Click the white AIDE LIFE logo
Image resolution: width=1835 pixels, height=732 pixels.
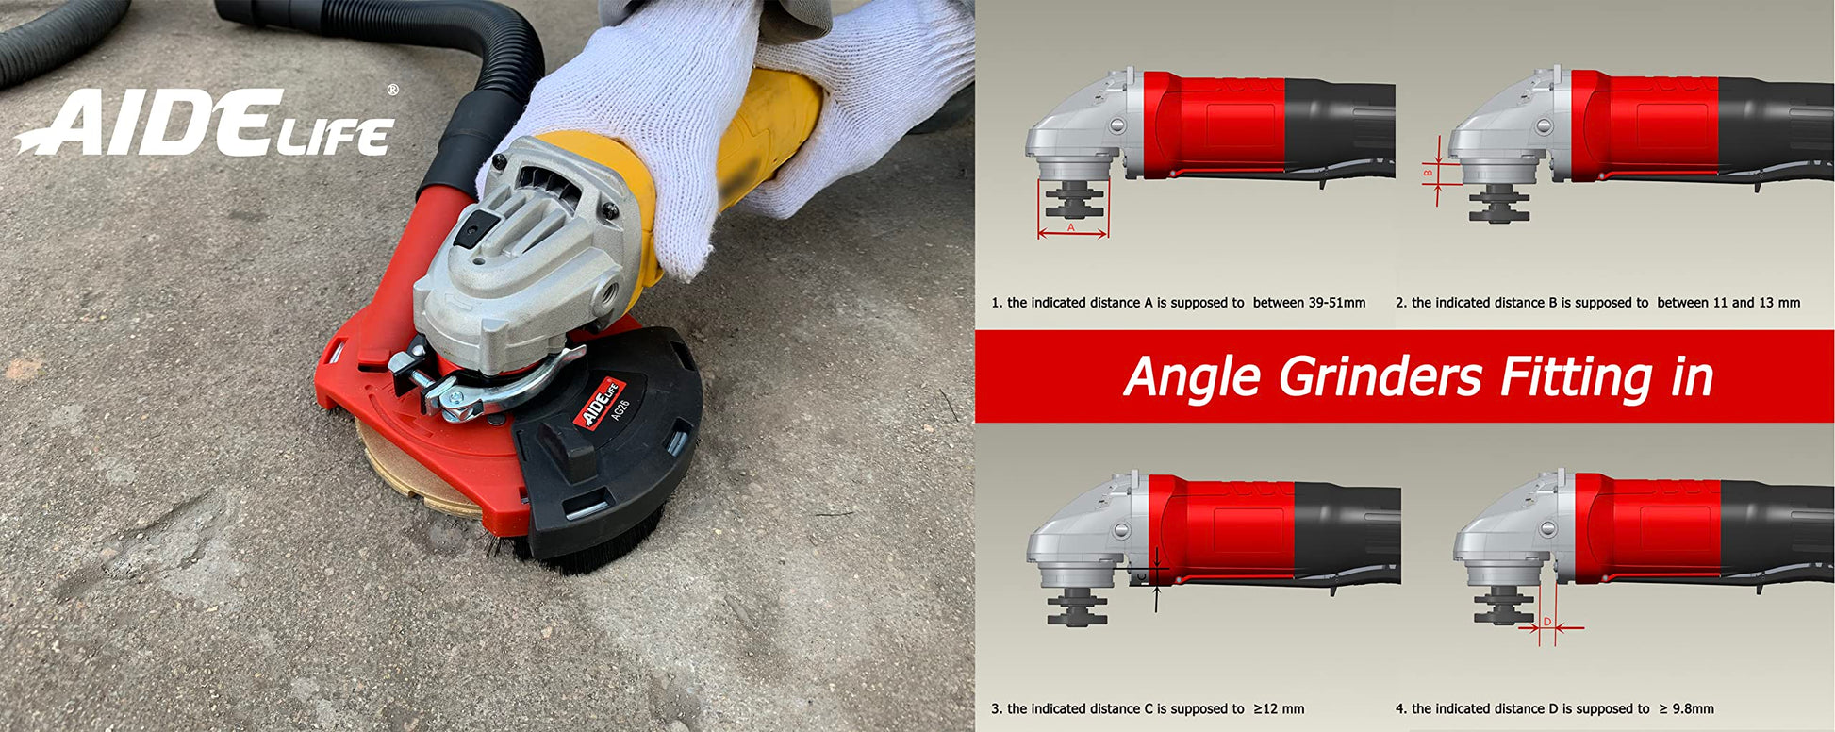point(205,123)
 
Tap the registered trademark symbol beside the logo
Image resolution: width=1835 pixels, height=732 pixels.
point(392,90)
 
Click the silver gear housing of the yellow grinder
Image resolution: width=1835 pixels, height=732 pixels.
point(528,255)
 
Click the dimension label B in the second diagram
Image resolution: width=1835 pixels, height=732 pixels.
point(1429,172)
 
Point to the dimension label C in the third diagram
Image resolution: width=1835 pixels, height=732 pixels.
point(1141,575)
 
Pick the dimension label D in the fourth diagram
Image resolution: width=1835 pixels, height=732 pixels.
point(1547,622)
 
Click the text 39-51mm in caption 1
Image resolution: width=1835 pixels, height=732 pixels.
point(1336,303)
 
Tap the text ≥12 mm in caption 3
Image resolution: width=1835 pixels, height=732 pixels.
point(1279,708)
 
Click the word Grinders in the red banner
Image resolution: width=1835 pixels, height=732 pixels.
point(1380,378)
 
